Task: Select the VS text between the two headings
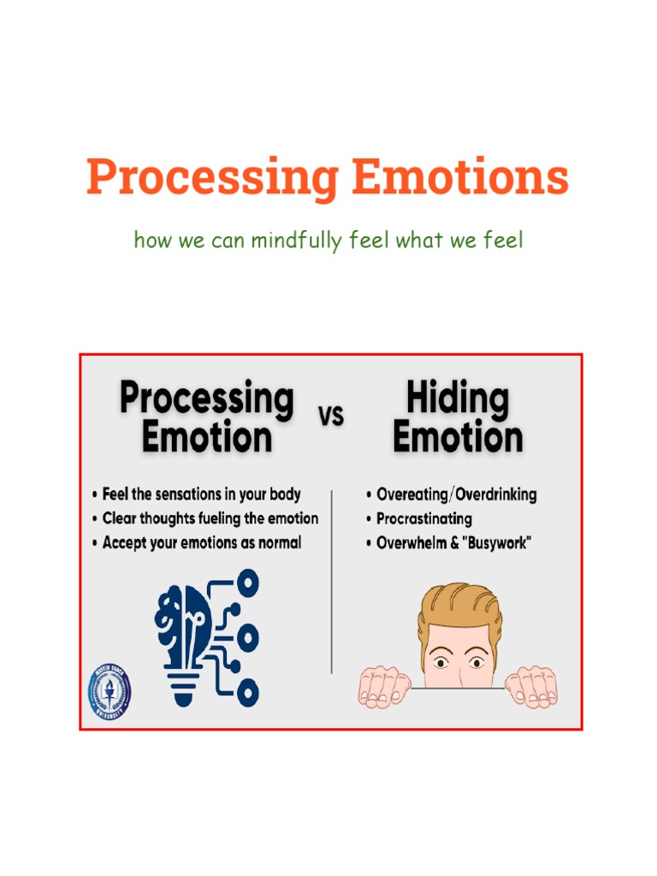click(331, 416)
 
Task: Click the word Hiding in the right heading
click(457, 399)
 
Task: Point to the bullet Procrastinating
click(423, 518)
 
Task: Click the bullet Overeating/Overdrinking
click(456, 494)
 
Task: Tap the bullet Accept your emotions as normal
click(201, 542)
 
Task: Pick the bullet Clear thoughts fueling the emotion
click(210, 518)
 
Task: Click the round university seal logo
click(110, 691)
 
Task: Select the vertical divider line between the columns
click(332, 582)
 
